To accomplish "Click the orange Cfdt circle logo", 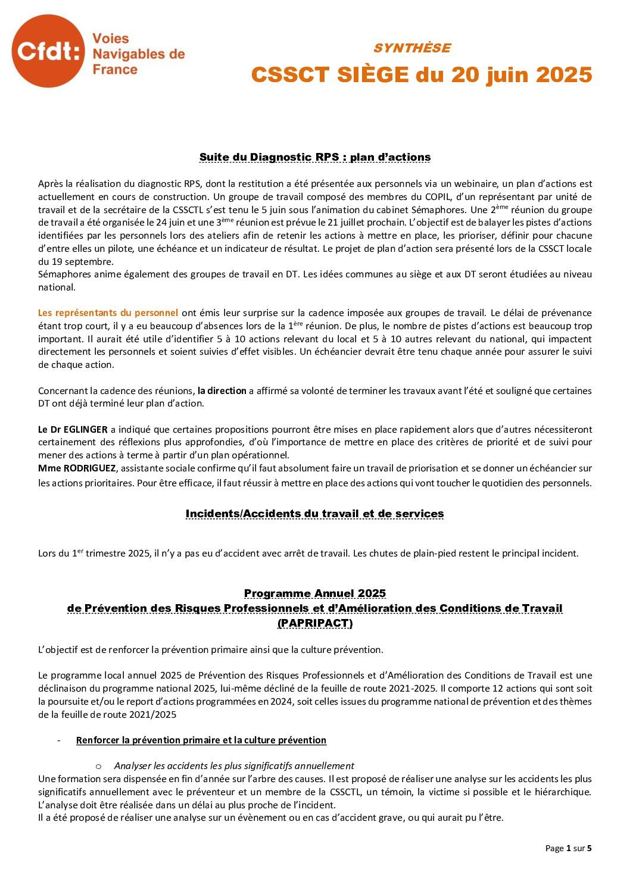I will pyautogui.click(x=48, y=52).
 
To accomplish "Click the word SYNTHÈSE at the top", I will pyautogui.click(x=411, y=48).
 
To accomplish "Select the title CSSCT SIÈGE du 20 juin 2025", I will pyautogui.click(x=421, y=75).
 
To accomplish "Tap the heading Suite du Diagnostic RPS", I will pyautogui.click(x=314, y=157).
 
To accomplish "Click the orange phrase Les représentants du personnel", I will pyautogui.click(x=108, y=312).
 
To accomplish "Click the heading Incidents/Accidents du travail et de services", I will pyautogui.click(x=314, y=514).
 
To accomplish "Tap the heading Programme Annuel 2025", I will pyautogui.click(x=314, y=593).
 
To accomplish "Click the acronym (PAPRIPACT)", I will pyautogui.click(x=314, y=623).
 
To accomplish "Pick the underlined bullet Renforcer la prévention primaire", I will pyautogui.click(x=201, y=740).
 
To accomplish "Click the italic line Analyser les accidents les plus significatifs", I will pyautogui.click(x=234, y=766).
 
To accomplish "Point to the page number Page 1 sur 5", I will pyautogui.click(x=568, y=848).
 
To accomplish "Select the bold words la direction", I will pyautogui.click(x=222, y=391).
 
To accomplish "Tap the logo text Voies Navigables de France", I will pyautogui.click(x=138, y=54).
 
